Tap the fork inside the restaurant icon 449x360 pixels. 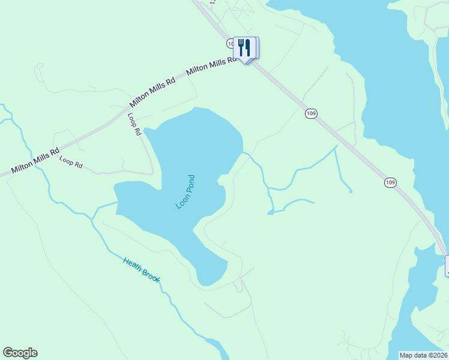241,47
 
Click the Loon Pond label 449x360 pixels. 185,191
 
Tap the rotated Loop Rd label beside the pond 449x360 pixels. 134,124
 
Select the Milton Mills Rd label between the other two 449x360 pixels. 153,92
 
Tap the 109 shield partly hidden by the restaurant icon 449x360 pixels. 231,44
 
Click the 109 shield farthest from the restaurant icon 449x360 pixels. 390,182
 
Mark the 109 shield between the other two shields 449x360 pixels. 310,113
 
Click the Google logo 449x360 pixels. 20,353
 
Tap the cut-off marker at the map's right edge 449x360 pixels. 447,266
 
